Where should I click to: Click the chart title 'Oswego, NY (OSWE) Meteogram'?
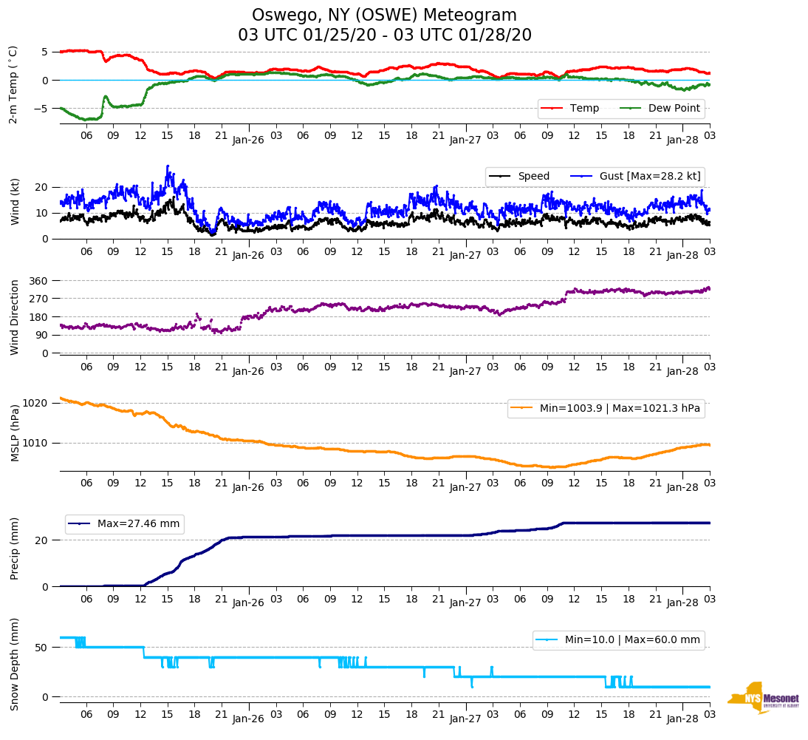coord(384,16)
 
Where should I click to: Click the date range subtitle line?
coord(384,35)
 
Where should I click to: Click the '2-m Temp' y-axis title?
coord(13,84)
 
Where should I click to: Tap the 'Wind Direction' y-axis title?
coord(15,317)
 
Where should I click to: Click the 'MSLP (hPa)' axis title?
coord(15,433)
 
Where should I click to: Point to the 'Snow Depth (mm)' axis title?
coord(15,664)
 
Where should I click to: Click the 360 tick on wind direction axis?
coord(40,281)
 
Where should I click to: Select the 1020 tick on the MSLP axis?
coord(37,404)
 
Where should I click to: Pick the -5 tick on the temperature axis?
coord(42,109)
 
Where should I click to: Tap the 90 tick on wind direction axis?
coord(43,336)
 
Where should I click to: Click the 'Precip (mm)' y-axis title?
coord(15,549)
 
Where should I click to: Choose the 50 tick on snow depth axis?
coord(43,648)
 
